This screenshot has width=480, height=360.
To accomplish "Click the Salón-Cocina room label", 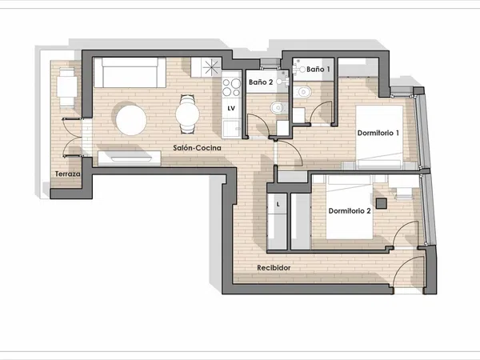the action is (197, 148).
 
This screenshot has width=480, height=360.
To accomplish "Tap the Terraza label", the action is (68, 174).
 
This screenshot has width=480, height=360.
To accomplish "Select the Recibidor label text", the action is (274, 268).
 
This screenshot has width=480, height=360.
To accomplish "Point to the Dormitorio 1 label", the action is (378, 133).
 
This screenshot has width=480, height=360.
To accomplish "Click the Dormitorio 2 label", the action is (350, 211).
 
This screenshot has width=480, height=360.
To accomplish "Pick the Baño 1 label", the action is (318, 69).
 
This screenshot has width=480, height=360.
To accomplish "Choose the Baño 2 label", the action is (261, 82).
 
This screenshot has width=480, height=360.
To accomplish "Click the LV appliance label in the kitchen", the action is (231, 108).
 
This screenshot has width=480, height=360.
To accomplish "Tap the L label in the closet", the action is (278, 205).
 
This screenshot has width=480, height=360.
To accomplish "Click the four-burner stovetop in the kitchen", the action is (231, 87).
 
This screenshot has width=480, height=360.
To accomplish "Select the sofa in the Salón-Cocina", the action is (130, 73).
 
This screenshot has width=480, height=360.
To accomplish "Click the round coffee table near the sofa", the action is (131, 120).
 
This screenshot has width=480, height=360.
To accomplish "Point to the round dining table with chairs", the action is (187, 114).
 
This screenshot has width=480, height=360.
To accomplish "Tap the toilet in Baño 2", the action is (278, 107).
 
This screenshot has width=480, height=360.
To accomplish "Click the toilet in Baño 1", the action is (302, 92).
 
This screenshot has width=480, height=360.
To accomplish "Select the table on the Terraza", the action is (67, 87).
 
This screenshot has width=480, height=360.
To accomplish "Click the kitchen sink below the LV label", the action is (231, 128).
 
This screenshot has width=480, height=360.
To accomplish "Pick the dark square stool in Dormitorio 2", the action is (381, 203).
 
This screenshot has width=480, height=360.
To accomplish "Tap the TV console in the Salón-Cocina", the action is (129, 158).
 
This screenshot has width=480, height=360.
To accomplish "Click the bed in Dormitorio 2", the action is (350, 207).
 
